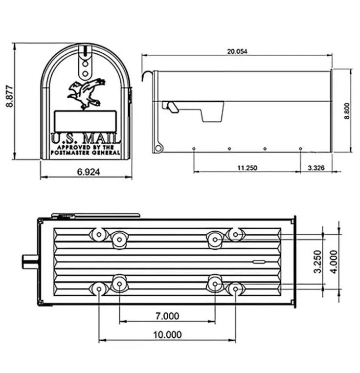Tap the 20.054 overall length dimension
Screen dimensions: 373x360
click(x=237, y=51)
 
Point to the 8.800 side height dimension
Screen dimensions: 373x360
click(x=346, y=110)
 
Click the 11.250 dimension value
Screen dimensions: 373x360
click(x=247, y=168)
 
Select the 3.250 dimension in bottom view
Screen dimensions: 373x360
click(x=317, y=262)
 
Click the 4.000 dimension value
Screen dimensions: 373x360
click(x=333, y=262)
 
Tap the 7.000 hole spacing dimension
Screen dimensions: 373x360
click(x=167, y=316)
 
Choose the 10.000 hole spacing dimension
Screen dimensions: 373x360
click(x=167, y=334)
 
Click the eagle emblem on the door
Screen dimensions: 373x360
click(x=86, y=94)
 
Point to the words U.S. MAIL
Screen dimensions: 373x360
click(x=86, y=137)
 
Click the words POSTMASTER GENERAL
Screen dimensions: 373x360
click(x=86, y=153)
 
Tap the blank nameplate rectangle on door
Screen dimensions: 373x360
click(x=85, y=121)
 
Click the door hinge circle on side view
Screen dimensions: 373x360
click(x=157, y=148)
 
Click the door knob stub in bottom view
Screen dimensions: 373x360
click(x=29, y=261)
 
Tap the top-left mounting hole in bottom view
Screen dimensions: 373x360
click(x=99, y=235)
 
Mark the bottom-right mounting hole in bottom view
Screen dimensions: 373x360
click(x=235, y=289)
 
